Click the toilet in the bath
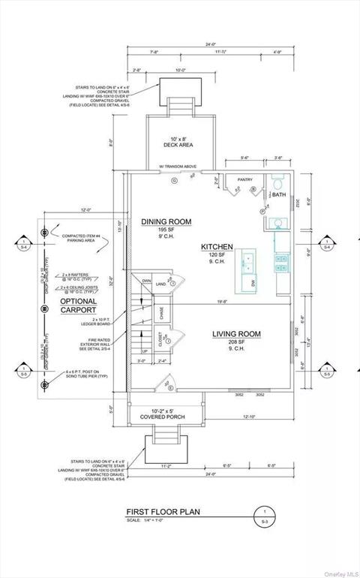click(x=278, y=182)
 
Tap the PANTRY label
click(x=245, y=180)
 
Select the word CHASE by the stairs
click(x=163, y=312)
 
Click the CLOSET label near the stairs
click(x=162, y=339)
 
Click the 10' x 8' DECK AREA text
click(x=180, y=142)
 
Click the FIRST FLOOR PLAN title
click(x=163, y=513)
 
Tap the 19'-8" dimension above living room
click(x=221, y=303)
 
